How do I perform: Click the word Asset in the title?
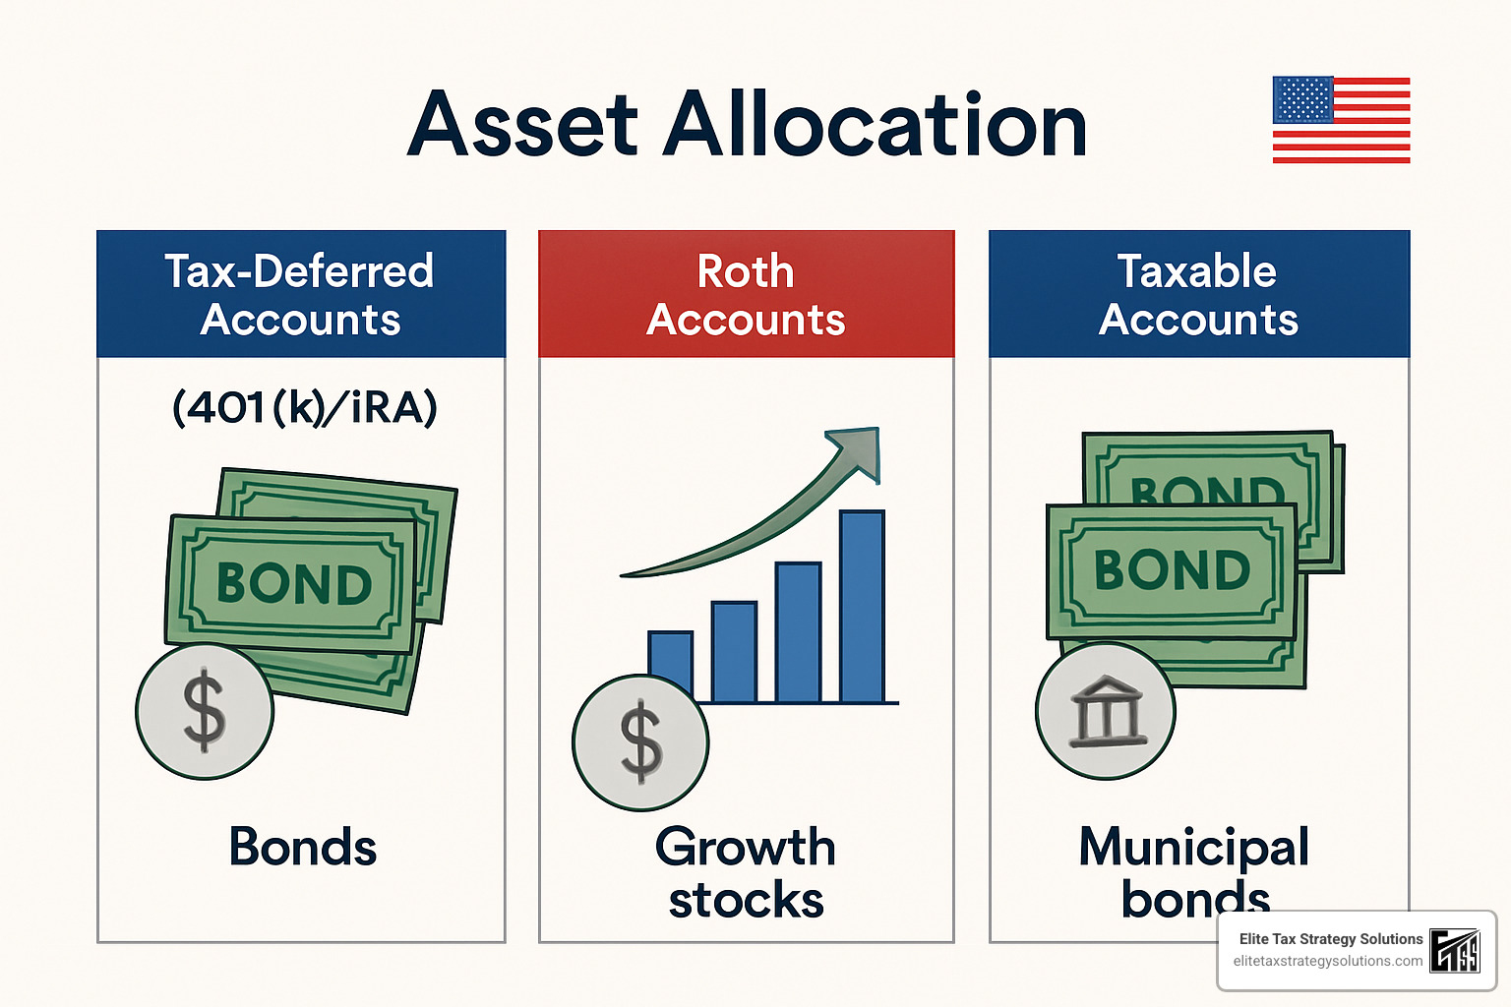pos(522,126)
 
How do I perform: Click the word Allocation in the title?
pos(875,126)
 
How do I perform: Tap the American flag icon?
pos(1341,119)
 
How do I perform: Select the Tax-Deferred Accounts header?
pos(300,294)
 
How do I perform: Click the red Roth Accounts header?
pos(746,294)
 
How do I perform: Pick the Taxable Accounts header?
pos(1198,294)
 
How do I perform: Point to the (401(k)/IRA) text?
pos(305,407)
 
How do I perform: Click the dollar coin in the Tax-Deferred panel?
pos(205,711)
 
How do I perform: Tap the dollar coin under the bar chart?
pos(640,742)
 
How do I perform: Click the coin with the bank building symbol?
pos(1106,711)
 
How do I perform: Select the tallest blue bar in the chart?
pos(862,606)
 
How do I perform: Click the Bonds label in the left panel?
pos(302,847)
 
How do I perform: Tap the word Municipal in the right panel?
pos(1193,847)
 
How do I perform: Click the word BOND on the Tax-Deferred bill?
pos(294,584)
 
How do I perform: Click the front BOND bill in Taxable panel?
pos(1172,570)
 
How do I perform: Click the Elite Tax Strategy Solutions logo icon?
pos(1455,950)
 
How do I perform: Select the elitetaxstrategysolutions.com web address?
pos(1327,961)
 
